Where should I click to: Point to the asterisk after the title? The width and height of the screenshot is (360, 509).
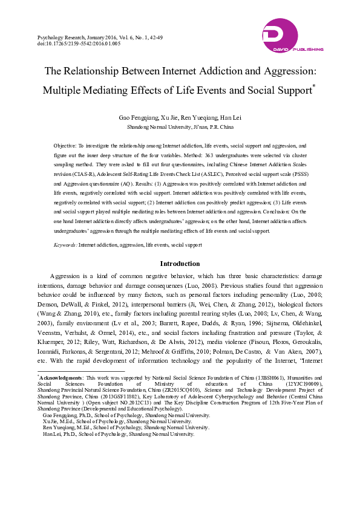[x=315, y=86]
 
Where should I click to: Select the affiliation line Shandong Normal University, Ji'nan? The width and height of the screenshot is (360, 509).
[x=179, y=128]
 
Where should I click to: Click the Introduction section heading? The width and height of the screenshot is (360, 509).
[x=180, y=264]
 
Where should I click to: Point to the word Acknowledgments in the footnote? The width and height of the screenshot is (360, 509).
[x=61, y=377]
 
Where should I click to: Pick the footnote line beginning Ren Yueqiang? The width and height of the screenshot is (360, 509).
[x=126, y=427]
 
